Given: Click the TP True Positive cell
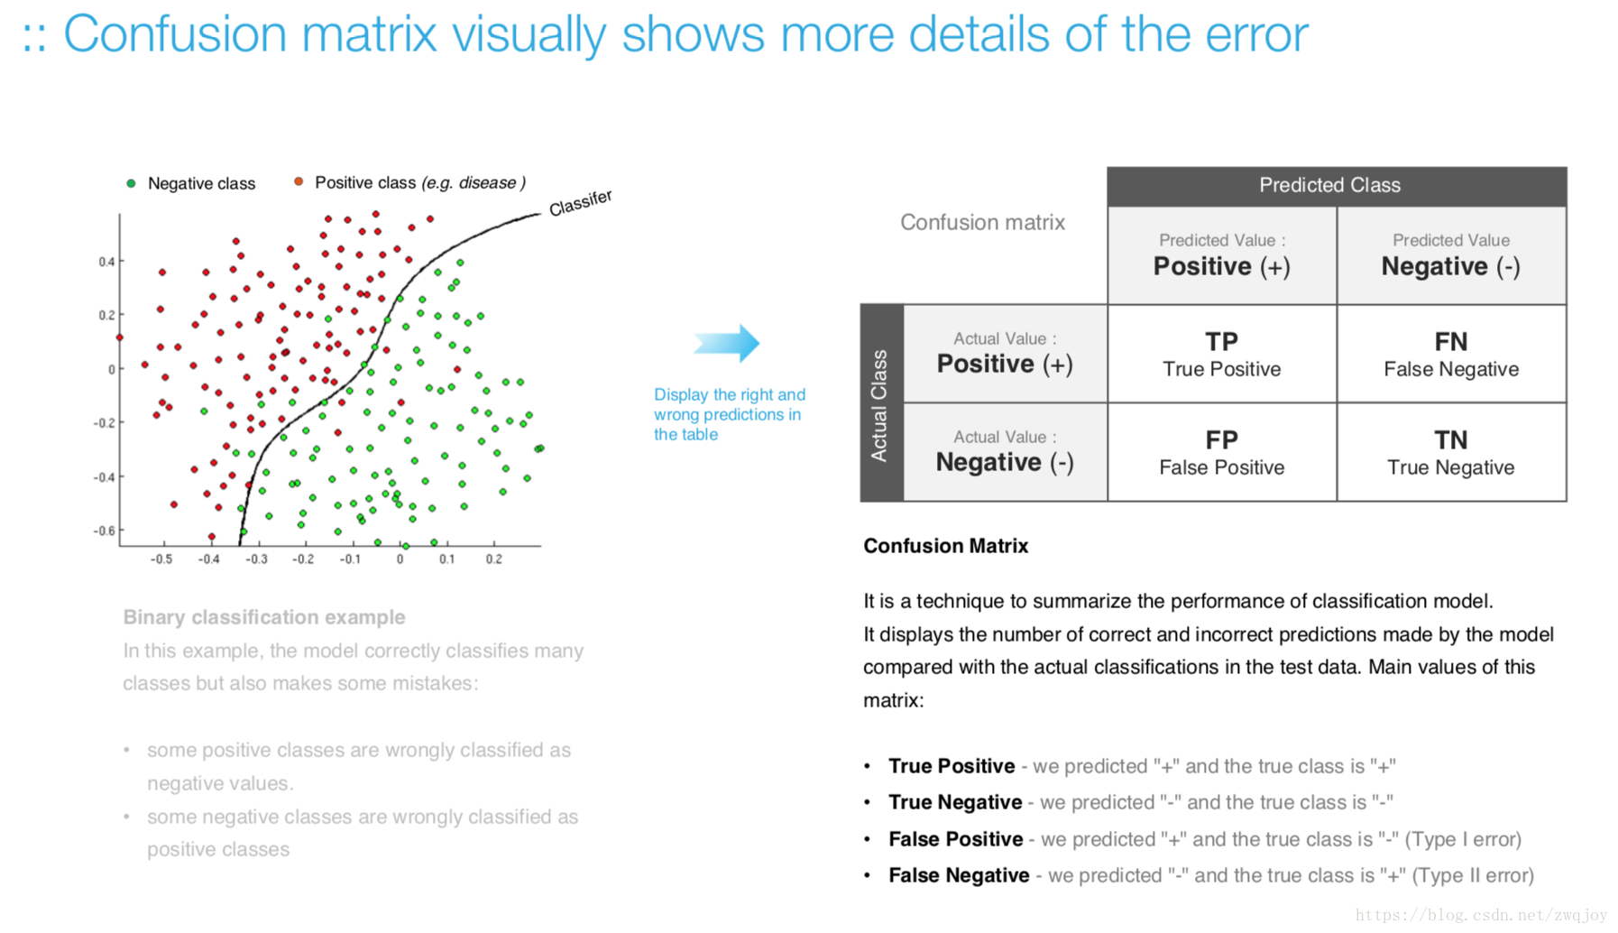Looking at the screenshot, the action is pos(1221,354).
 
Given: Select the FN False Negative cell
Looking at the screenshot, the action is pos(1451,354).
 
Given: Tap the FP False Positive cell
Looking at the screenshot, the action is pos(1221,452).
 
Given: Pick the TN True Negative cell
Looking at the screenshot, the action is pos(1451,452).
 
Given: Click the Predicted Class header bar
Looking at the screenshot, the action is pos(1337,186).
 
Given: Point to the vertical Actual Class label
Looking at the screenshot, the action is pos(879,405).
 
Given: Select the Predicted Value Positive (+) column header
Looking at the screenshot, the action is pos(1222,255).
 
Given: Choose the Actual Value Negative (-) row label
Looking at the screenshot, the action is pos(1005,452).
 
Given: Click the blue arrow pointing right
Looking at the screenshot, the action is pos(727,343).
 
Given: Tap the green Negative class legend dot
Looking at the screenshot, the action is pos(131,183).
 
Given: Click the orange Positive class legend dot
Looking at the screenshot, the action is pos(299,181).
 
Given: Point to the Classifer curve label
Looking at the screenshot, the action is pos(581,203).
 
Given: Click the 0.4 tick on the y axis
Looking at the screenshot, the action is pos(107,262).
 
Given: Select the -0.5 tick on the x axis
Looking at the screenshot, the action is pos(161,559).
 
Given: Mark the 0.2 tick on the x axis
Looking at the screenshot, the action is pos(494,559).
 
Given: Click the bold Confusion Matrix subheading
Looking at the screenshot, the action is pos(945,546).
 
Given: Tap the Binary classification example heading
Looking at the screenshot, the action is pos(264,617).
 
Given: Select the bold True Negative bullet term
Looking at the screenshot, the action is pos(955,802).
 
